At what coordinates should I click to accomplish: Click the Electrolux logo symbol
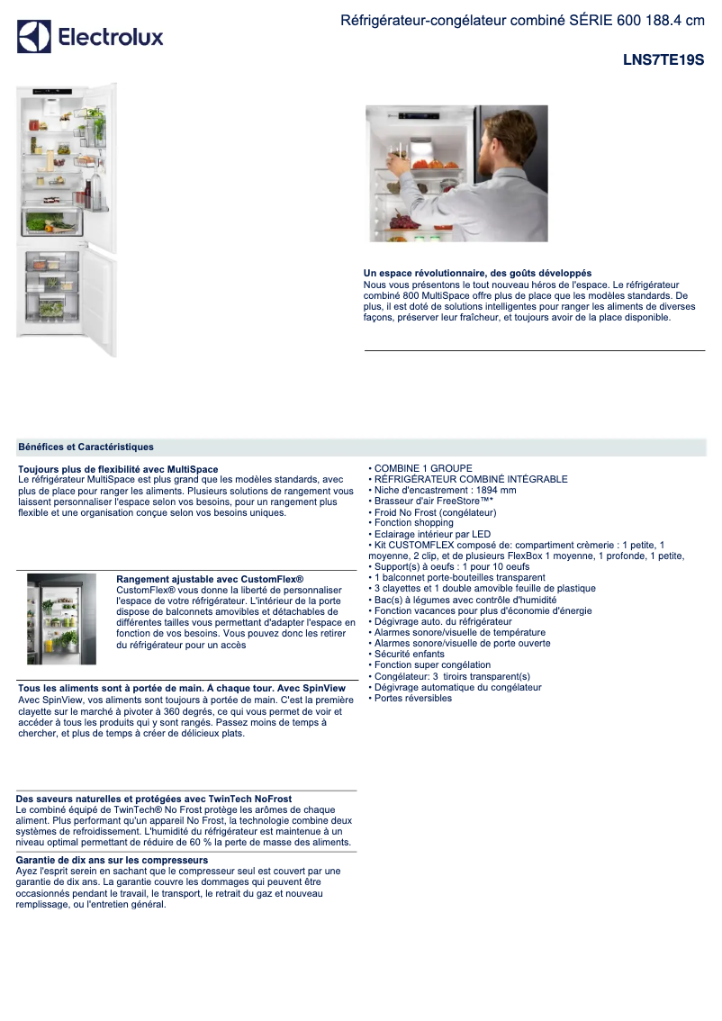[34, 37]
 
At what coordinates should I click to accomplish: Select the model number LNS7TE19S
[663, 61]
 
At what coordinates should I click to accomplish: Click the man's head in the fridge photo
[495, 135]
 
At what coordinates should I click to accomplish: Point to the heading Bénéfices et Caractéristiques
[86, 447]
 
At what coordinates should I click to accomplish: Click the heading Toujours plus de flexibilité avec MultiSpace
[118, 469]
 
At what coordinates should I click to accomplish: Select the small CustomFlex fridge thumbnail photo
[61, 619]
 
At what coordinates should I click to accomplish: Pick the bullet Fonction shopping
[414, 523]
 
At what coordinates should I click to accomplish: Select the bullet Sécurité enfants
[410, 655]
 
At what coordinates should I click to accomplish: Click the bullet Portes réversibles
[413, 699]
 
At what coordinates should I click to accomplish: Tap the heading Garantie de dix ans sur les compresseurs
[113, 861]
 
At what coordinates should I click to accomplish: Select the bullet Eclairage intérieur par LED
[432, 534]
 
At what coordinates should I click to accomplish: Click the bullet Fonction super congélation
[433, 665]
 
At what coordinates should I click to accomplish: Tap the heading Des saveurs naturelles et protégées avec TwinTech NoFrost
[154, 799]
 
